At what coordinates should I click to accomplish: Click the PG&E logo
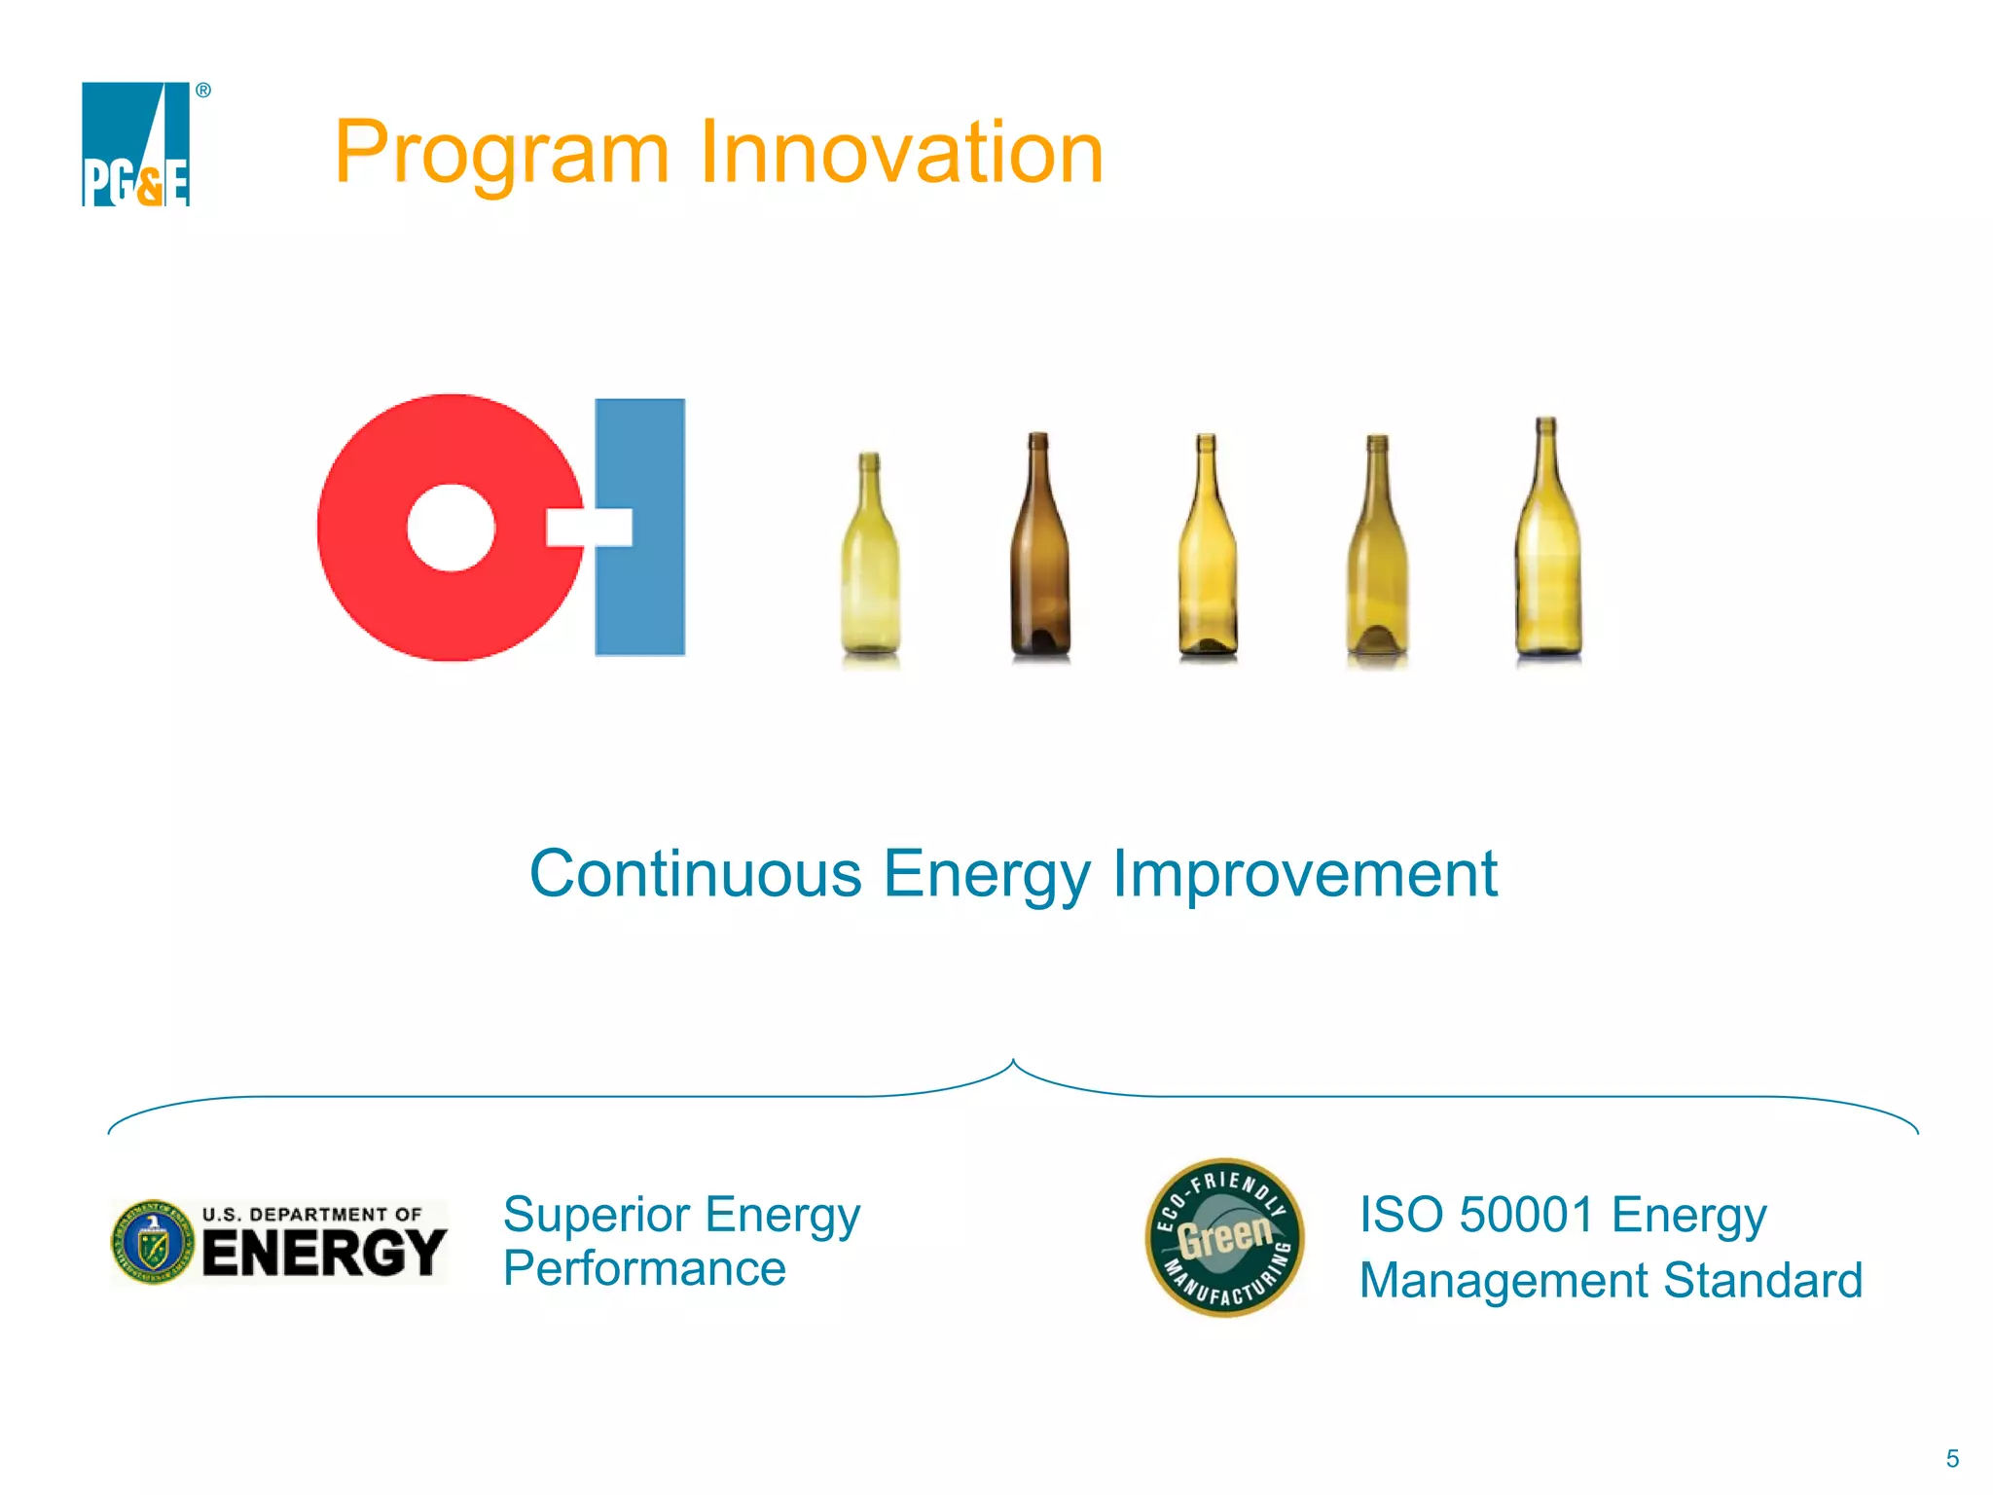(135, 144)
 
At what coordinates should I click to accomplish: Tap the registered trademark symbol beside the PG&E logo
(203, 91)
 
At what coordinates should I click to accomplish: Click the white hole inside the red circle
(451, 528)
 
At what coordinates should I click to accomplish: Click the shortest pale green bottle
(870, 574)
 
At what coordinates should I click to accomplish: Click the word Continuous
(695, 873)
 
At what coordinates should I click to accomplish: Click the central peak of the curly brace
(1013, 1064)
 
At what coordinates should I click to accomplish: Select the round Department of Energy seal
(153, 1242)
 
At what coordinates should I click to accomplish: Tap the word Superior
(597, 1215)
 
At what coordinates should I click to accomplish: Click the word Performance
(644, 1269)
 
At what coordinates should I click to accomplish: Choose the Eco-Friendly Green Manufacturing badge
(1224, 1237)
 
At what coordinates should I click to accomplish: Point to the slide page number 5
(1952, 1458)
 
